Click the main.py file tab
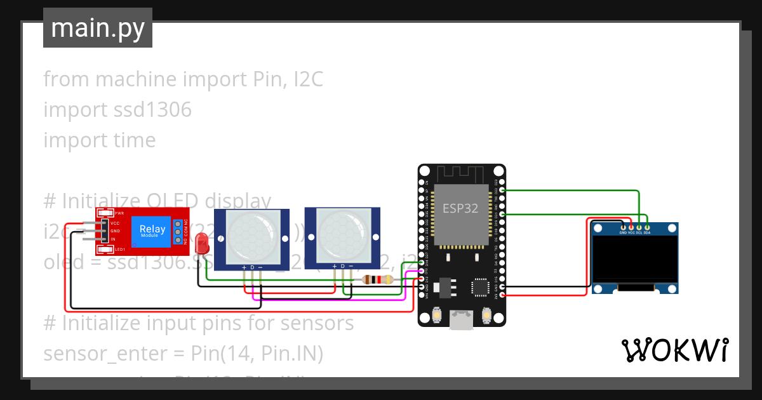pyautogui.click(x=97, y=28)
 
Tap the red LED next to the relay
pyautogui.click(x=202, y=243)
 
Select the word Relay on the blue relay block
pyautogui.click(x=152, y=229)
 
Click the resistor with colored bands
pyautogui.click(x=377, y=279)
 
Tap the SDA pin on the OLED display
pyautogui.click(x=647, y=227)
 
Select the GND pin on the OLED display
pyautogui.click(x=624, y=227)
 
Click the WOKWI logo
pyautogui.click(x=674, y=350)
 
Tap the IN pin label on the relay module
pyautogui.click(x=113, y=239)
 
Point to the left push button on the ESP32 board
pyautogui.click(x=438, y=314)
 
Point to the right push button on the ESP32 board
pyautogui.click(x=486, y=314)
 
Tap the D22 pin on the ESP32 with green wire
pyautogui.click(x=502, y=190)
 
